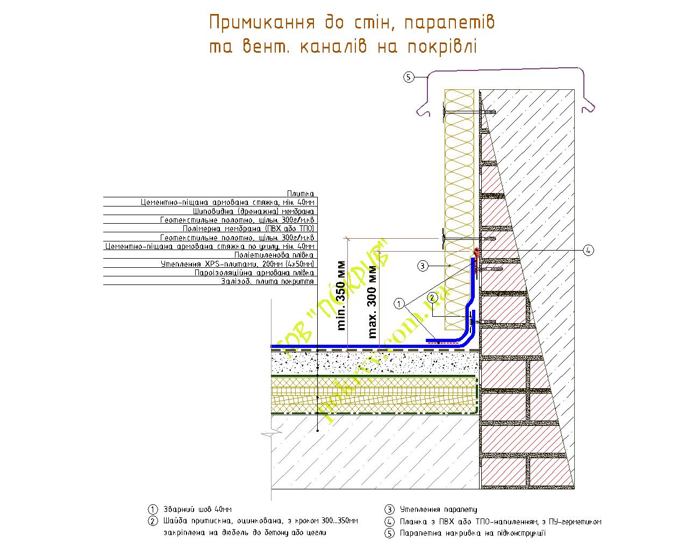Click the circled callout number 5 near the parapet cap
point(408,77)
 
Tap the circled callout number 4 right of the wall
point(588,250)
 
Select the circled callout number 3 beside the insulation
point(423,265)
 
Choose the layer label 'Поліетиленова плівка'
point(274,255)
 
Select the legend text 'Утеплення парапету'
point(438,509)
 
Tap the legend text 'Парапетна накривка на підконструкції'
point(473,533)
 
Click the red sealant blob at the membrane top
point(476,252)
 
